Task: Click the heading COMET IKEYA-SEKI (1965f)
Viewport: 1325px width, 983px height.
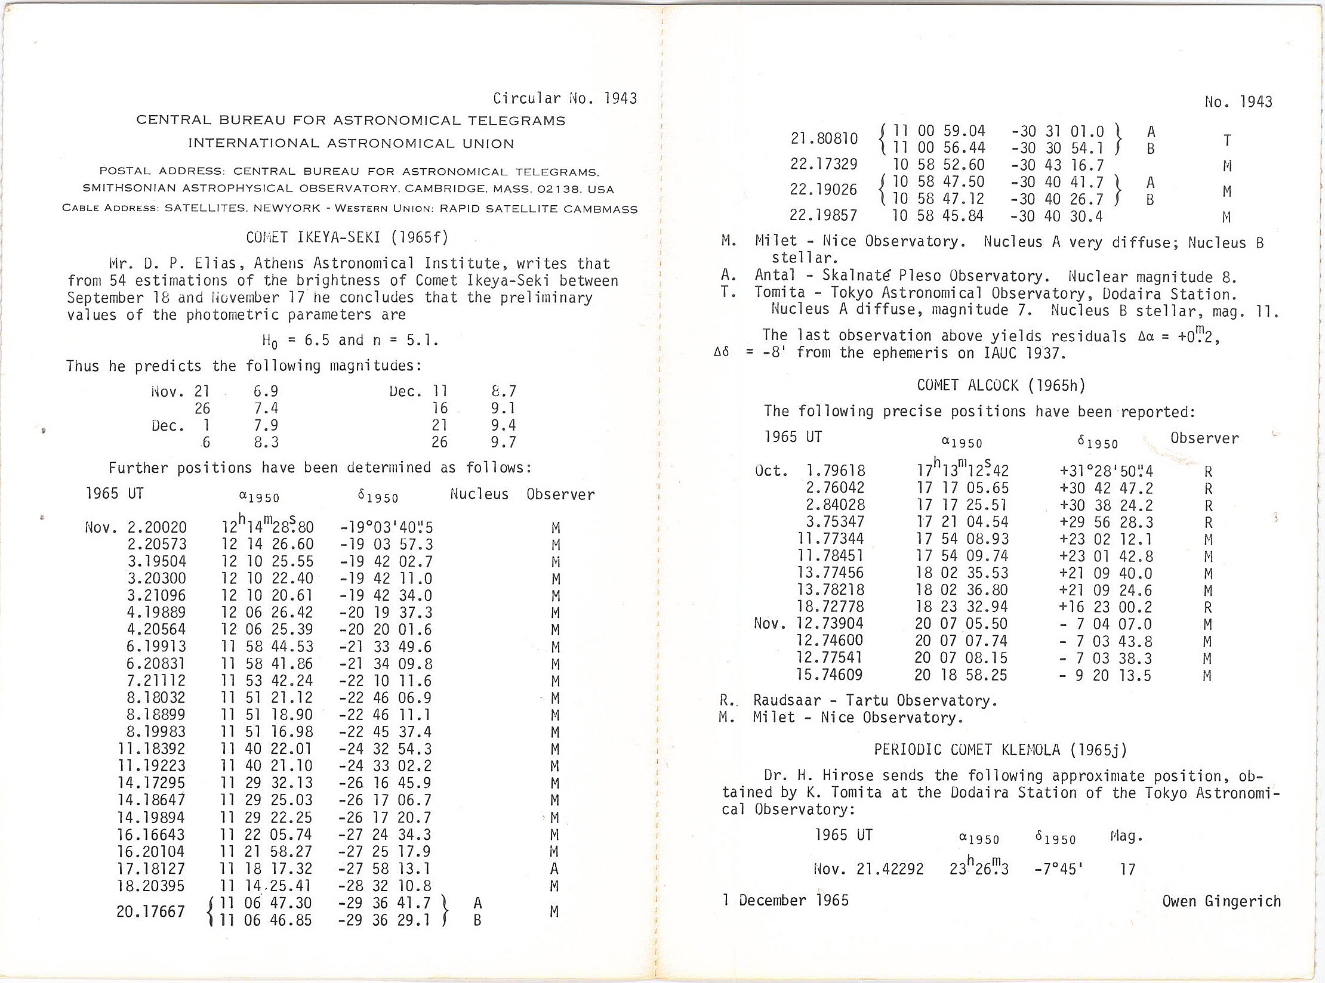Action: (347, 237)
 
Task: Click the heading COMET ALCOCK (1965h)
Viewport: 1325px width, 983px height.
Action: (1000, 385)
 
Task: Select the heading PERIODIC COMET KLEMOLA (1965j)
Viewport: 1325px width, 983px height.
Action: (1000, 750)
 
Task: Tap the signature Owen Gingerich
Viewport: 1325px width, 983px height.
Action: (1221, 901)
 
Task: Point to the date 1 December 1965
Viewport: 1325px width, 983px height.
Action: (785, 900)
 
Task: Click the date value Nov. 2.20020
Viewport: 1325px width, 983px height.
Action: (136, 527)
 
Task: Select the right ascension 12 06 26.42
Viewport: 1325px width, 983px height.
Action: (267, 613)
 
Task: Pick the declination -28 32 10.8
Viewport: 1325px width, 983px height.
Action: (385, 886)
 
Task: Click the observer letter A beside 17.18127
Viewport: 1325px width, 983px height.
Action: (554, 869)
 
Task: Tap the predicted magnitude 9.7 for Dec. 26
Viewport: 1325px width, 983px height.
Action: (503, 442)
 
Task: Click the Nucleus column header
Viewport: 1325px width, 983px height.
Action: (479, 494)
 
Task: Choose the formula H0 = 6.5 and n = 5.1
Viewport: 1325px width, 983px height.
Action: (350, 340)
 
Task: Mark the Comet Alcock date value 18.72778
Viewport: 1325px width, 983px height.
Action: (830, 607)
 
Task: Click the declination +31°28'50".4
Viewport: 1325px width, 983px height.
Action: (1106, 471)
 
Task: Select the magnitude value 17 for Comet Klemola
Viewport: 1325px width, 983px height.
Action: (1127, 869)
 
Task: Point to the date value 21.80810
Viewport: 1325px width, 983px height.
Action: (824, 139)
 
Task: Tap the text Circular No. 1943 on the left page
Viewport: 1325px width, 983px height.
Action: (565, 98)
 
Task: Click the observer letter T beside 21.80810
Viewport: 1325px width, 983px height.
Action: (1227, 140)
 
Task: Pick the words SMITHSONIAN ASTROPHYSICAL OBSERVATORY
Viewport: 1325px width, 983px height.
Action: (240, 188)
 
